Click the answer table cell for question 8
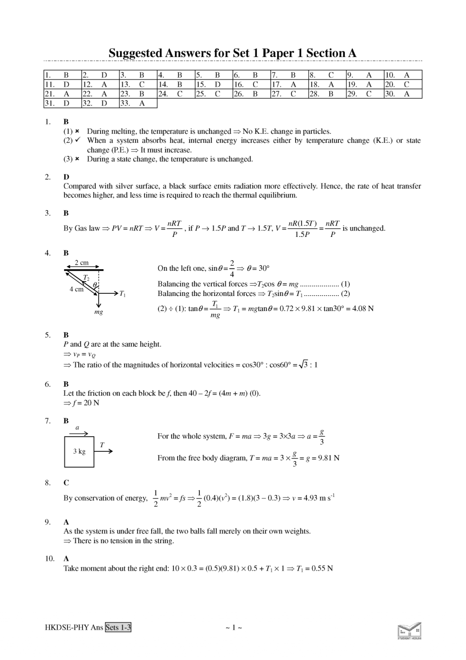point(327,75)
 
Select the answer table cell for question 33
point(138,103)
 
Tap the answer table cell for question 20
point(403,84)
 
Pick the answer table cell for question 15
point(214,84)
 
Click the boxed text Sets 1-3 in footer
point(118,627)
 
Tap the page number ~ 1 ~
point(233,627)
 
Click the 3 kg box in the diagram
point(79,451)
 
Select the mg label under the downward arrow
point(98,312)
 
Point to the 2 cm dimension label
point(82,262)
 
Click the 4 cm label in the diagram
point(77,289)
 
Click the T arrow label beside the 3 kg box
point(102,445)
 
